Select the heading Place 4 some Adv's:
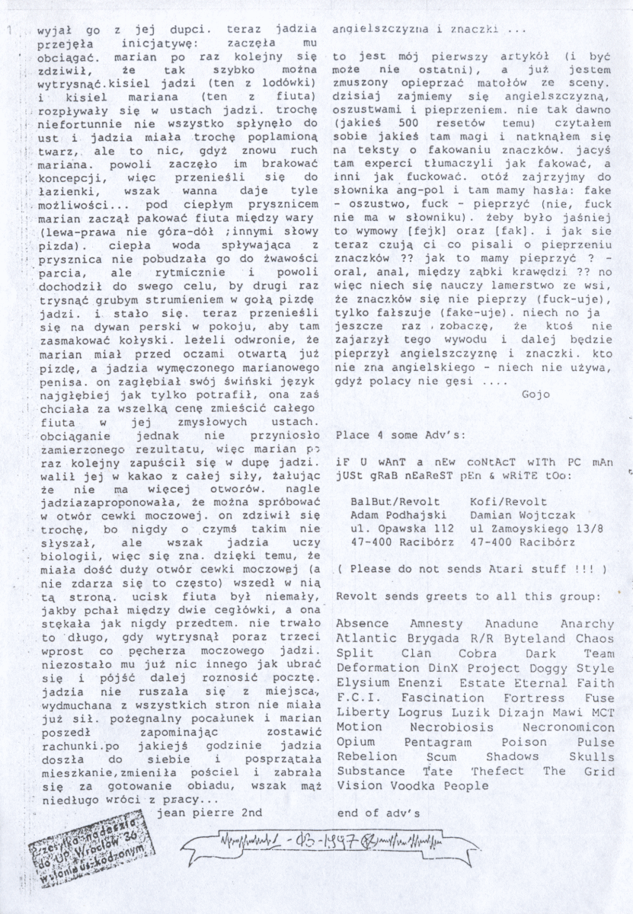coord(391,434)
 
